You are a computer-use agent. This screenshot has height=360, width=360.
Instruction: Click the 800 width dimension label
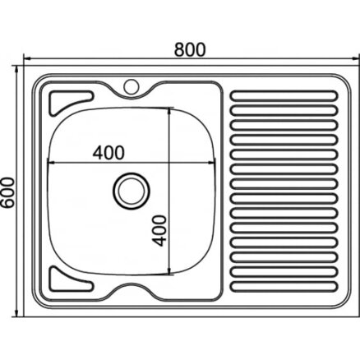(190, 49)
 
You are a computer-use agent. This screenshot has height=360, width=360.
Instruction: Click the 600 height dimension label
(7, 192)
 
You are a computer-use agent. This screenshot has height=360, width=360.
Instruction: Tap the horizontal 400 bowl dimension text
(108, 153)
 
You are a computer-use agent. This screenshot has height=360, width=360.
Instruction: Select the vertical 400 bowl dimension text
(159, 230)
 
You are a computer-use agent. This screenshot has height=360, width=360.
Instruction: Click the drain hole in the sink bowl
(132, 191)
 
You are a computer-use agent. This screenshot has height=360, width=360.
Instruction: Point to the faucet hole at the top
(132, 86)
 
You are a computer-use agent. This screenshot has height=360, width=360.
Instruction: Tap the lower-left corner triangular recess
(68, 280)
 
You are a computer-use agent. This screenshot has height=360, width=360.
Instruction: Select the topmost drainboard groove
(284, 96)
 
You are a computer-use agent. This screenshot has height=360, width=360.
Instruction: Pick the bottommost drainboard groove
(284, 286)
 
